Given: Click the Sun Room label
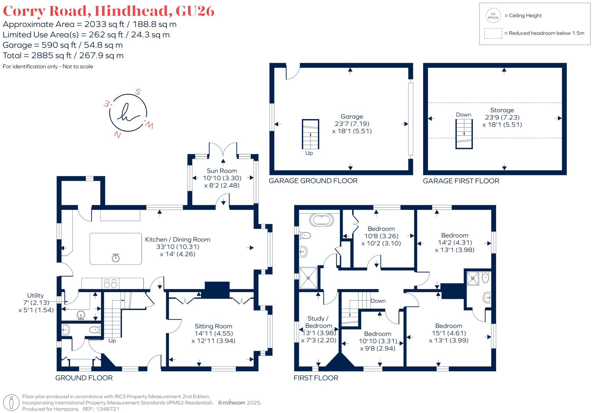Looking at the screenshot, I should coord(222,171).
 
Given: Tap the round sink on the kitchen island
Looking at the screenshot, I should coord(116,258).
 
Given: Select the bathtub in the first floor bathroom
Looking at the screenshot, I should coord(321,220).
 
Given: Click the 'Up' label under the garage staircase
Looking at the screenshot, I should coord(309,153).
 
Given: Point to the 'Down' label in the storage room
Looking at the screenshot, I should coord(463,115).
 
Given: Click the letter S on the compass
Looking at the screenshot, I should coord(138,92).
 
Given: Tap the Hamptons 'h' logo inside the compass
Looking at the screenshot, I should coord(128,113).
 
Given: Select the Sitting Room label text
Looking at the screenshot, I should coord(213,326).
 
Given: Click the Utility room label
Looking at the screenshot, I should coord(35,295).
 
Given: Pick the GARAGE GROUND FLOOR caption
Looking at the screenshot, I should coord(313,181).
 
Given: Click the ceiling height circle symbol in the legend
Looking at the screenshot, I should coord(493,16).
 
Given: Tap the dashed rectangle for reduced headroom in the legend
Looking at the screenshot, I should coord(493,33).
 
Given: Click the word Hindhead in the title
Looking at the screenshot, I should coord(132,11).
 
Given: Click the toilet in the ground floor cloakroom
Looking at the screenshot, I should coord(94,330).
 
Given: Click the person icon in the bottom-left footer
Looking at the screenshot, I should coord(12,402).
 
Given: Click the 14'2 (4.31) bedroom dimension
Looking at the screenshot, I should coord(455,243).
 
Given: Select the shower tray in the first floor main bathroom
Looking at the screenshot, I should coord(308,278).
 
